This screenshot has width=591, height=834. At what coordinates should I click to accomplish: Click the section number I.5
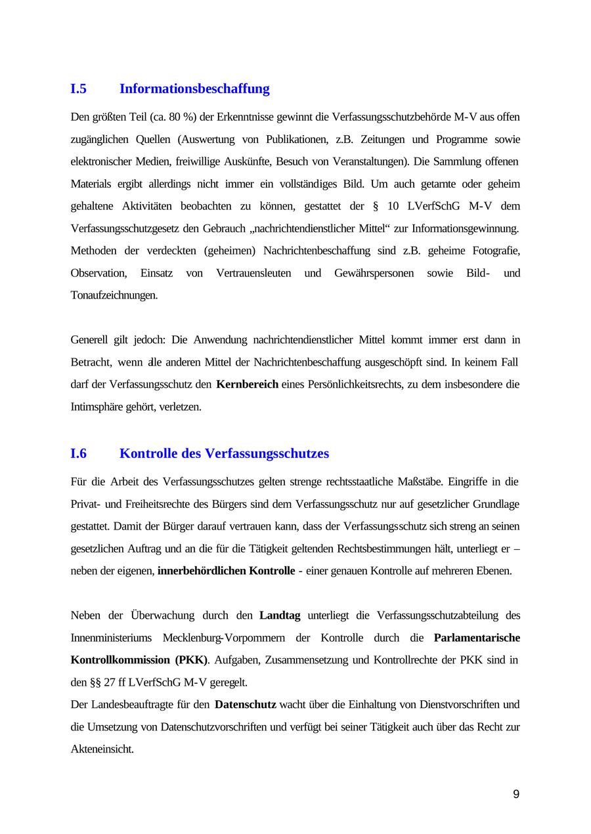(x=79, y=89)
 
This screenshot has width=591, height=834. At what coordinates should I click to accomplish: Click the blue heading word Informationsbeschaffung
(x=194, y=89)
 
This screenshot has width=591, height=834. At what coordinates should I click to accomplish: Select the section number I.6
(x=79, y=453)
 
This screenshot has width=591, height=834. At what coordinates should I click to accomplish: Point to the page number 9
(x=516, y=795)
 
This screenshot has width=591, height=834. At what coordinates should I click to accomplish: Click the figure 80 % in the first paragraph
(x=183, y=117)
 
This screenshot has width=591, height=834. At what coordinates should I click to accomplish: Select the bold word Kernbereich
(x=247, y=384)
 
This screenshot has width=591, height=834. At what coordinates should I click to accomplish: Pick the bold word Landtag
(x=280, y=615)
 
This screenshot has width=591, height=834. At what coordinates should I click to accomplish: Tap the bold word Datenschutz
(x=246, y=705)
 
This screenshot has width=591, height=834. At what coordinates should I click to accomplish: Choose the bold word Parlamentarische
(x=477, y=637)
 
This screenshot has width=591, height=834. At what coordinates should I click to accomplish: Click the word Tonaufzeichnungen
(x=114, y=295)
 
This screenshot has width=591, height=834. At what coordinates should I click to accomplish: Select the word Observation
(x=98, y=273)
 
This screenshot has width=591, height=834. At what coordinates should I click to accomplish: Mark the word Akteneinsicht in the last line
(x=102, y=749)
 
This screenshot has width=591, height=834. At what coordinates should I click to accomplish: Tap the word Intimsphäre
(x=97, y=407)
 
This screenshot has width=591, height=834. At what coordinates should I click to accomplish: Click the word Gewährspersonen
(x=374, y=273)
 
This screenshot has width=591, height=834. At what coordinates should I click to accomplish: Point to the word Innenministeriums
(x=111, y=637)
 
